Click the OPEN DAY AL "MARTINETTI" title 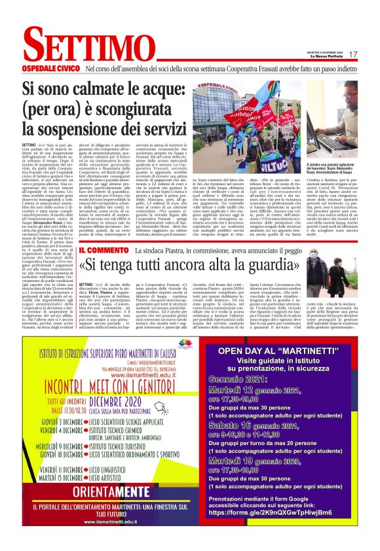284,351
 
